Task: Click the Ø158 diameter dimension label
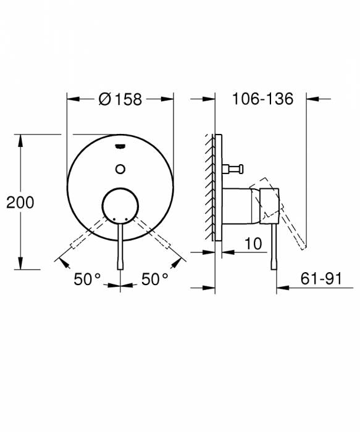click(x=120, y=99)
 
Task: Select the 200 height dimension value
click(x=20, y=202)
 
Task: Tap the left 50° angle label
click(x=87, y=280)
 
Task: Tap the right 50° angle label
click(x=155, y=280)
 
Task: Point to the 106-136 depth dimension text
click(x=262, y=99)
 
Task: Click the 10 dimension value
click(x=253, y=244)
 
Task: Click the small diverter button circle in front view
click(x=120, y=167)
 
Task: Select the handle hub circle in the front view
click(x=120, y=204)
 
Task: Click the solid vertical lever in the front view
click(x=120, y=247)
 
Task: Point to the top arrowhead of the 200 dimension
click(x=21, y=139)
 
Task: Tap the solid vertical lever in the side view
click(x=274, y=247)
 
